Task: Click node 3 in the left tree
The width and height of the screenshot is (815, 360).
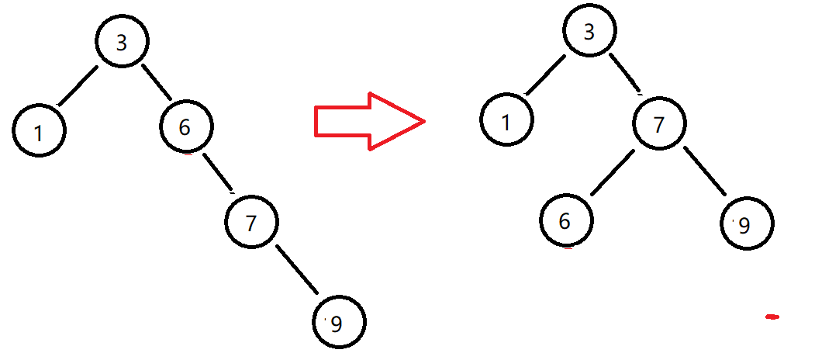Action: pos(122,42)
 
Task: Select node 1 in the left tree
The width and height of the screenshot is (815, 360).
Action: pos(39,131)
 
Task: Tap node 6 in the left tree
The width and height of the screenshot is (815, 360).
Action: pos(186,127)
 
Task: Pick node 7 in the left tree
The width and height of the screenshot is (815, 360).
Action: pos(250,223)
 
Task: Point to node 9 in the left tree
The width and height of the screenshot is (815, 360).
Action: pos(338,322)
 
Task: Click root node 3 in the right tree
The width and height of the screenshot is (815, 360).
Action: pos(590,33)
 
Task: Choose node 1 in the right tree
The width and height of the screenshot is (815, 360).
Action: pos(506,121)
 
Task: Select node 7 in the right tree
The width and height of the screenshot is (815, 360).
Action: pos(659,123)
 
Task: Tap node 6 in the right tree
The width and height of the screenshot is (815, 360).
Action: pos(565,220)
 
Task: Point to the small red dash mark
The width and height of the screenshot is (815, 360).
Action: pos(772,317)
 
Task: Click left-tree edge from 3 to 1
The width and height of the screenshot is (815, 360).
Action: pos(78,85)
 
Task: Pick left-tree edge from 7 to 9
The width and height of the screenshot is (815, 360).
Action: pos(296,270)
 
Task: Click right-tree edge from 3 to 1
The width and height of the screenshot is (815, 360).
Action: pos(546,76)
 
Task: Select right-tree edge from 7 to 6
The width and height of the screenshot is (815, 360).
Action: pos(612,174)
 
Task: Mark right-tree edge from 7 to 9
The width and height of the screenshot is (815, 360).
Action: pos(703,171)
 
